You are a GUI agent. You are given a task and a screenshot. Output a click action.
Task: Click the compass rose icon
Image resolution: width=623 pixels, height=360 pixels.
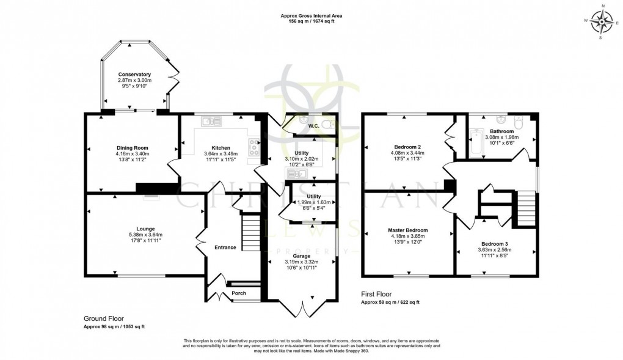click(604, 23)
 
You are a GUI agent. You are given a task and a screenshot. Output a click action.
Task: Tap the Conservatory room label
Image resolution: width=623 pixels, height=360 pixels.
click(134, 75)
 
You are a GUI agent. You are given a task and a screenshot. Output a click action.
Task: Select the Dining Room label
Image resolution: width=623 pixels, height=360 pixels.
click(133, 148)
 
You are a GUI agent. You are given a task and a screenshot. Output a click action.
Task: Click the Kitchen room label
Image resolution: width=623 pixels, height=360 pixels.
click(220, 148)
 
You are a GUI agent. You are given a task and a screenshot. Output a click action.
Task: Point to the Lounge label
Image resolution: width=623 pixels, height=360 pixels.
click(145, 229)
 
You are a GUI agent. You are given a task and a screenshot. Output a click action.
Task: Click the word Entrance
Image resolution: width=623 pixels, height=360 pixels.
click(225, 248)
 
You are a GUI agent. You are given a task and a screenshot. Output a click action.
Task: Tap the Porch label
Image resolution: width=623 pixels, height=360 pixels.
click(239, 293)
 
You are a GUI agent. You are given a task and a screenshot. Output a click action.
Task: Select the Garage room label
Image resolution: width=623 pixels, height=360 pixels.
click(302, 256)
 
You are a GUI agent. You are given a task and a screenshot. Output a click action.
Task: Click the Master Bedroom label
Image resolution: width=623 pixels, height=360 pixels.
click(408, 230)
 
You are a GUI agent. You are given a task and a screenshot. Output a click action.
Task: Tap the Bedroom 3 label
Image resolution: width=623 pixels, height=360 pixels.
click(494, 243)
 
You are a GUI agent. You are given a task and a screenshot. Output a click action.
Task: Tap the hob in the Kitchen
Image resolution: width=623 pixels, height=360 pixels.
click(253, 147)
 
